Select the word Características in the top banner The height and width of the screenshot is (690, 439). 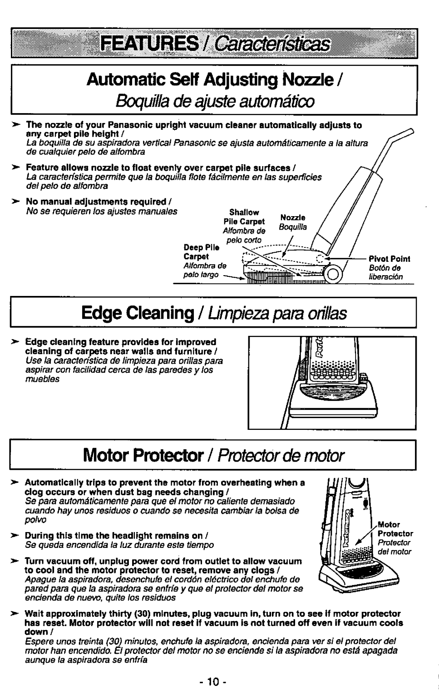tap(272, 44)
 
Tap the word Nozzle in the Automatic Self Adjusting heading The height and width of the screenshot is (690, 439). tap(308, 80)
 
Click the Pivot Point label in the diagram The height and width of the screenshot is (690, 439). tap(389, 259)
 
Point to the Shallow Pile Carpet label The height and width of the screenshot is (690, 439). tap(244, 217)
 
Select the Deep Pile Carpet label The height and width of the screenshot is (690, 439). tap(202, 252)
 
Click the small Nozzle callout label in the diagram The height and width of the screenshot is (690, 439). tap(293, 217)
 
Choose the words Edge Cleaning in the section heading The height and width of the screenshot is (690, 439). tap(137, 313)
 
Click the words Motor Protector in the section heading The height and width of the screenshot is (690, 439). tap(143, 455)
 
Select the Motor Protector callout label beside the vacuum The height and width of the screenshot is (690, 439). tap(396, 529)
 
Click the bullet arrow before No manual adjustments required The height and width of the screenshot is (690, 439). tap(15, 202)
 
